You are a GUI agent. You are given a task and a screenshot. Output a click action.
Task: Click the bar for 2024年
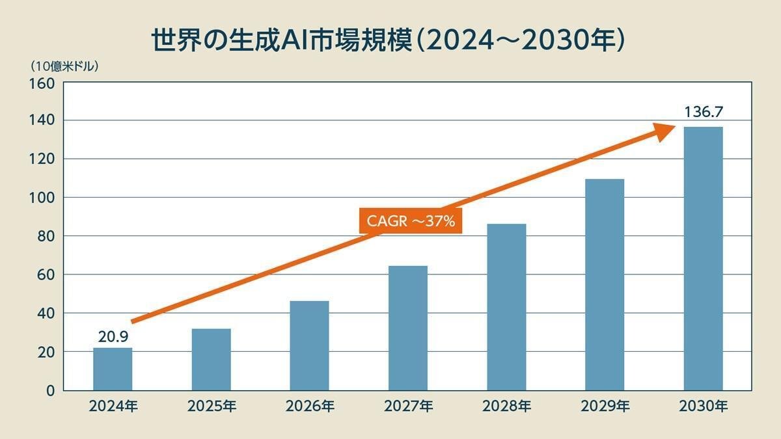point(113,369)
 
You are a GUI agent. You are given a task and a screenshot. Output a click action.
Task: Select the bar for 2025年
point(211,359)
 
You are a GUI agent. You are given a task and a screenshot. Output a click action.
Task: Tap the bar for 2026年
point(309,345)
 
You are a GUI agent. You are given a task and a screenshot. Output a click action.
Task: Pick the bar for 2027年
point(407,328)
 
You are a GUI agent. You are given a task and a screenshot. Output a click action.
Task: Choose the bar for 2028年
point(506,307)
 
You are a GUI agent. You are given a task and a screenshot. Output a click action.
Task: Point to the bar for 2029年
point(605,284)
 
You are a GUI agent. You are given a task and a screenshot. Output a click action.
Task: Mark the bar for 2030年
point(703,258)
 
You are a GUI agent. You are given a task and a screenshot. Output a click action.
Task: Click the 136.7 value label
point(703,112)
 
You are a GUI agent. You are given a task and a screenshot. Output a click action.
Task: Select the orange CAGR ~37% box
point(411,221)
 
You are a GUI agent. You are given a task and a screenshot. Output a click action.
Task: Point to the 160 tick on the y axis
point(45,83)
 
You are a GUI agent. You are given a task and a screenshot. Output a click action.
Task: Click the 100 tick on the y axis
point(45,198)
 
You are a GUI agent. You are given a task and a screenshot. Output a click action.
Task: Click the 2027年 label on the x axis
point(408,407)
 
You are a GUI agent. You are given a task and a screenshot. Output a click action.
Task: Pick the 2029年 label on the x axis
point(605,407)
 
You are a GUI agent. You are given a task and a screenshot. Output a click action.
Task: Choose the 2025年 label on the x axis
point(212,407)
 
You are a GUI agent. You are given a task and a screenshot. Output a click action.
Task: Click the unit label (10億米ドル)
point(64,66)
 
